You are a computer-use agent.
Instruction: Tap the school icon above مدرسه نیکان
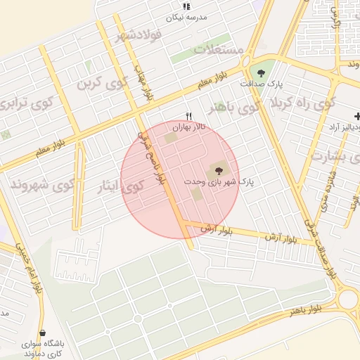pyautogui.click(x=186, y=6)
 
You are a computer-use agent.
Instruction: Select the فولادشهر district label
pyautogui.click(x=140, y=34)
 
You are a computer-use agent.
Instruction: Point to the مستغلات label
pyautogui.click(x=218, y=50)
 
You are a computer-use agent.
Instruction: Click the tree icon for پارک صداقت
pyautogui.click(x=262, y=72)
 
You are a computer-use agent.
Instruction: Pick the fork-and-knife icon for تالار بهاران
pyautogui.click(x=188, y=117)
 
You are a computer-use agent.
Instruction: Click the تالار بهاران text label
pyautogui.click(x=188, y=129)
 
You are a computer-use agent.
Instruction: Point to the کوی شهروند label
pyautogui.click(x=42, y=185)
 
